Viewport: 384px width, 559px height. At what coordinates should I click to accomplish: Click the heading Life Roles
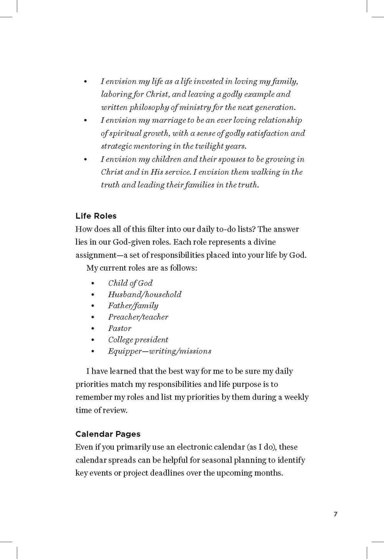pos(96,216)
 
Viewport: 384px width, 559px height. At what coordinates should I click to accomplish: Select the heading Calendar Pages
pos(108,434)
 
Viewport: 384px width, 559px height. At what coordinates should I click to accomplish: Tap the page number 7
pos(336,514)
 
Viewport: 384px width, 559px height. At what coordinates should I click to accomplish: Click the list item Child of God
pos(130,283)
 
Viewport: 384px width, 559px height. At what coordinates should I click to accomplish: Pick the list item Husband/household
pos(144,294)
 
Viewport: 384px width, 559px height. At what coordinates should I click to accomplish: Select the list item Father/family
pos(133,306)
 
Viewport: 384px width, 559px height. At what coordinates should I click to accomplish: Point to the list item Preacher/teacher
pos(138,317)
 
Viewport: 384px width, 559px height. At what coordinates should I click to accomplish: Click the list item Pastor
pos(119,328)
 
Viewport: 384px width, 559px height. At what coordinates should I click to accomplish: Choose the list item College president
pos(138,340)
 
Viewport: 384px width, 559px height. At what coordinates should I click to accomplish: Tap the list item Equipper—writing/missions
pos(159,351)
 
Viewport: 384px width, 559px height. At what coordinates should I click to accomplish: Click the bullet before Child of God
pos(93,283)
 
